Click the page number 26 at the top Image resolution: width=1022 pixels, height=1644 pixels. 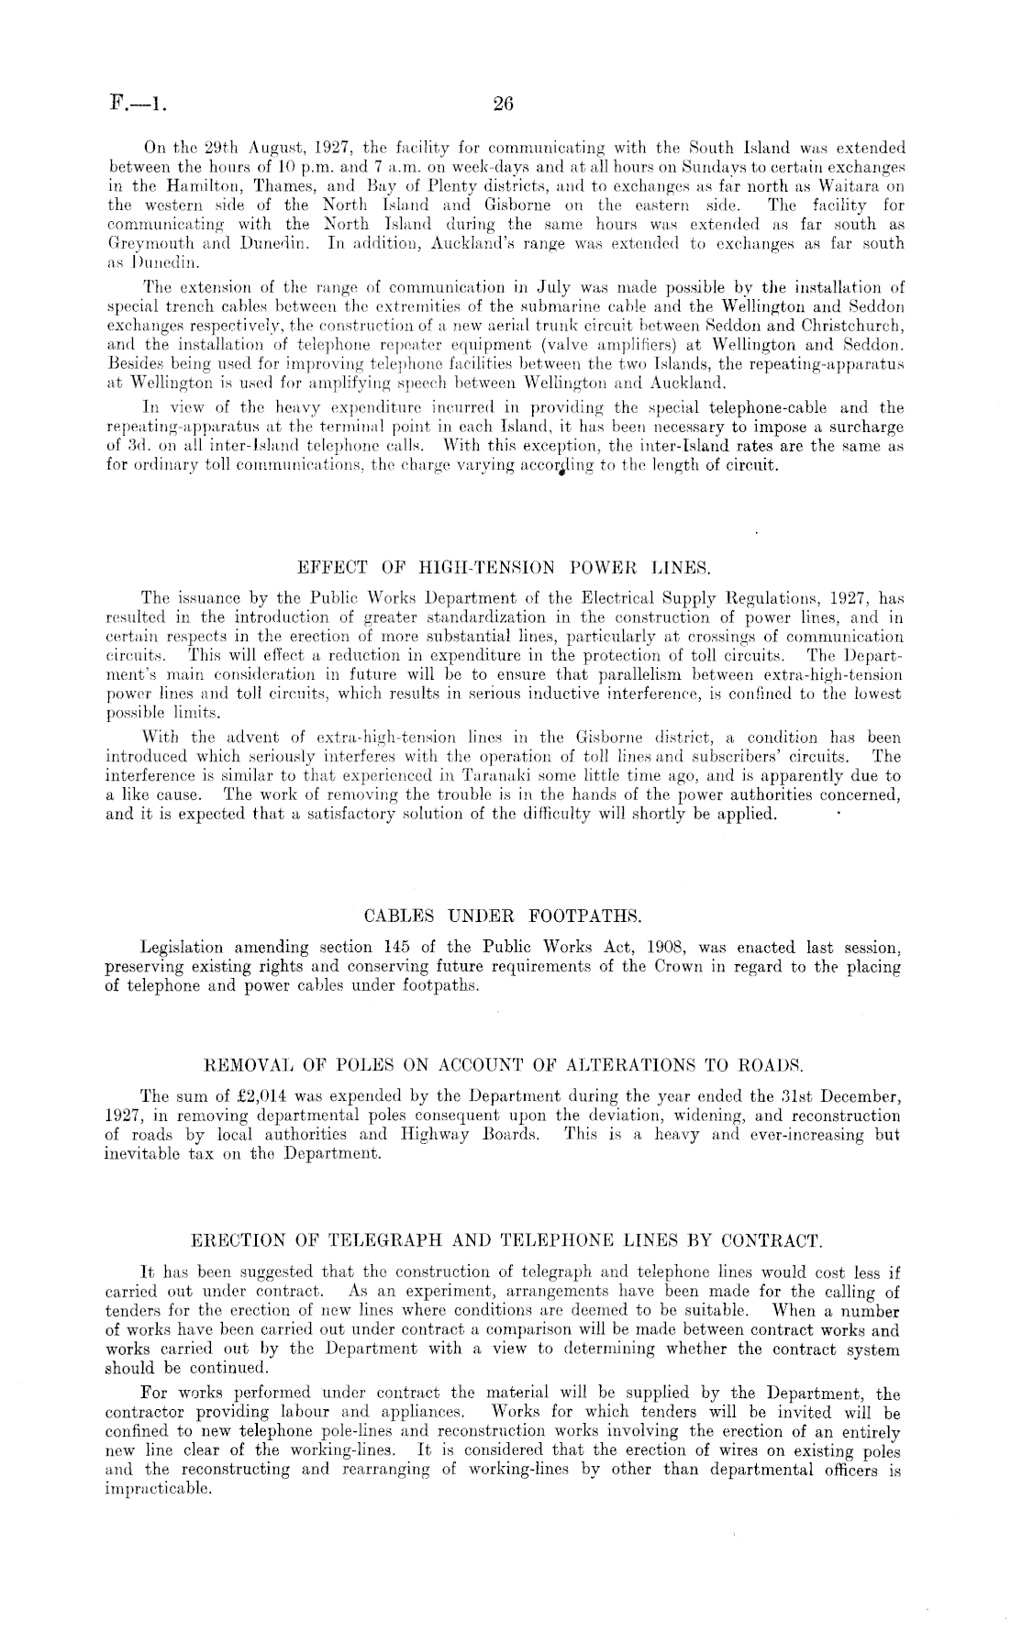coord(502,105)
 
